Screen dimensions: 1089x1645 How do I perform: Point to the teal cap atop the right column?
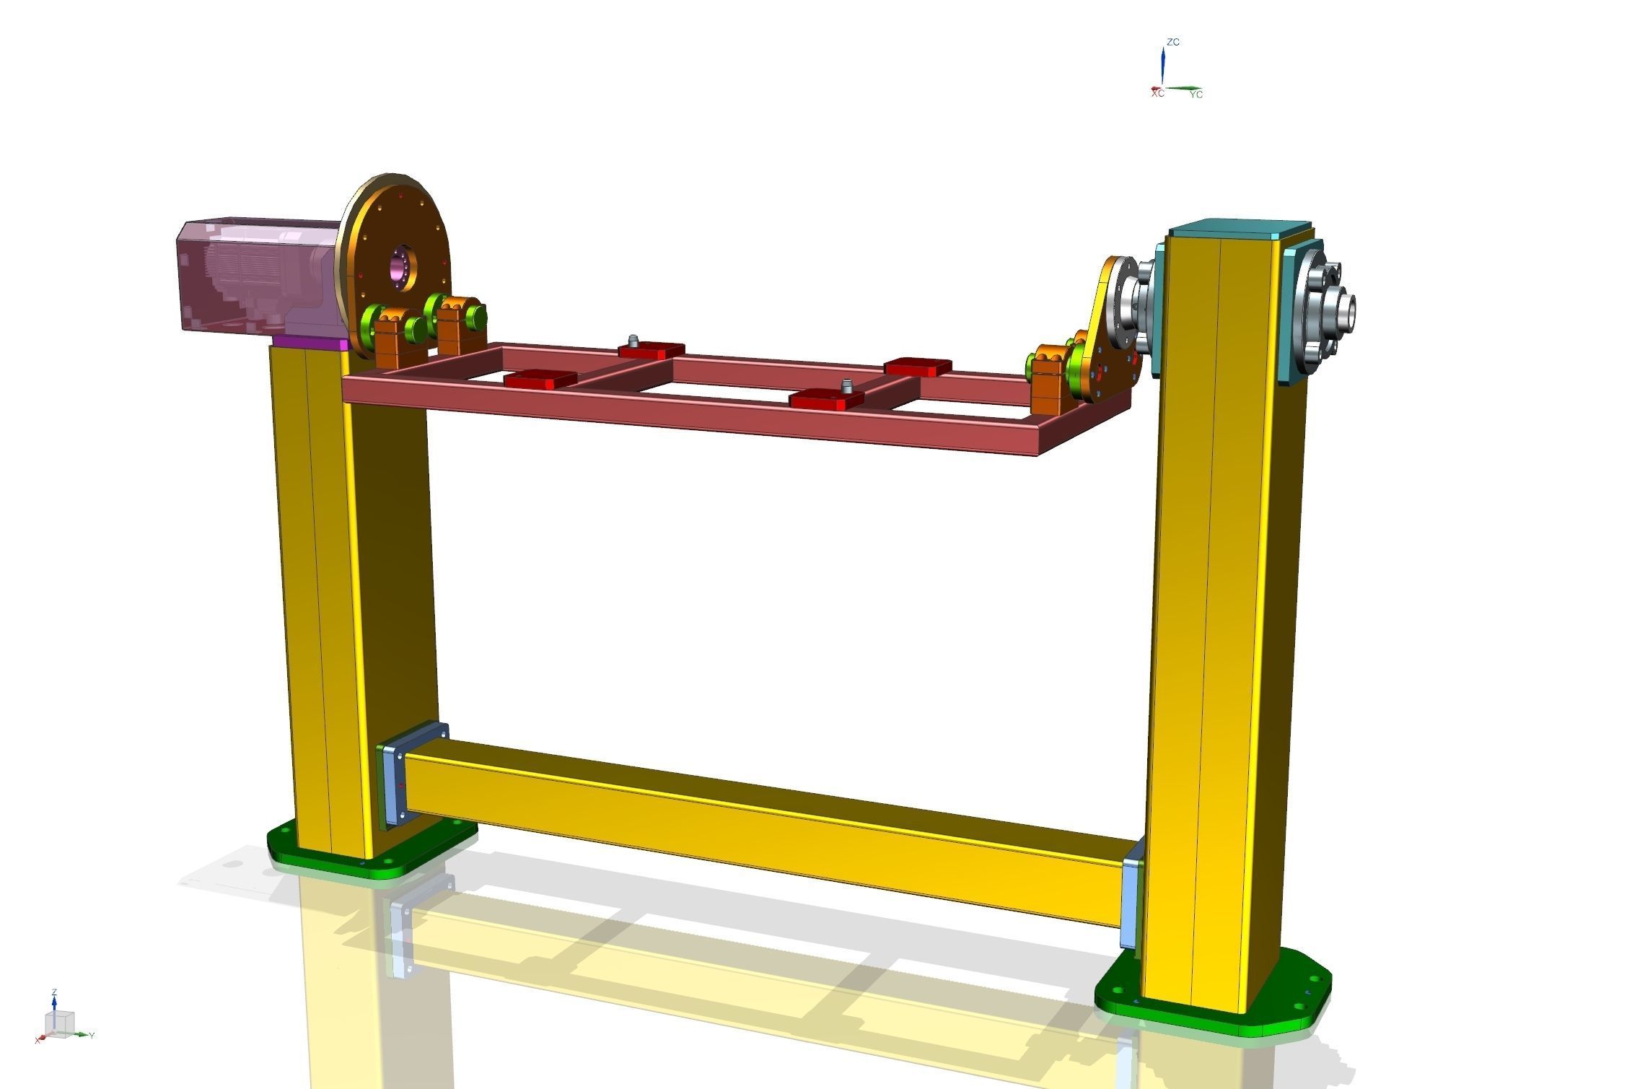(x=1237, y=229)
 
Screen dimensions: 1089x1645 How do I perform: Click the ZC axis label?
(x=1173, y=42)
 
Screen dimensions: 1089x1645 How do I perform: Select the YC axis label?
(x=1196, y=95)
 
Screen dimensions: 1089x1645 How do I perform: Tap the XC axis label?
(x=1157, y=94)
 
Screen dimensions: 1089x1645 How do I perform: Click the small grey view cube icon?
(x=59, y=1022)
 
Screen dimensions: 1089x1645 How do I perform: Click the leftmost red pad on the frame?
(x=540, y=380)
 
